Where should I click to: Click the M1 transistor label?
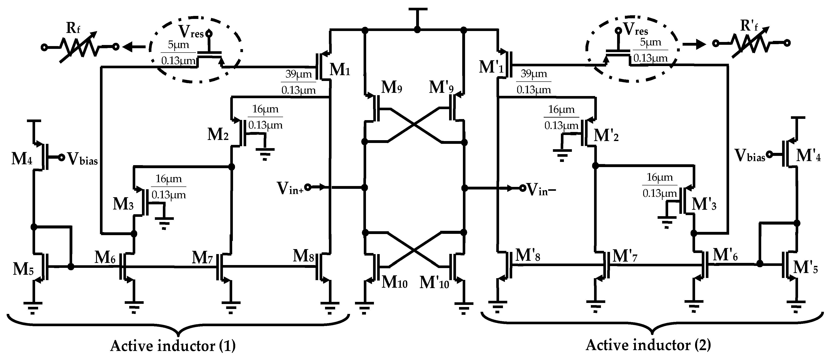coord(339,69)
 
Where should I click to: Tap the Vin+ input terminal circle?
coord(307,187)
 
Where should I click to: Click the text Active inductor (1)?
coord(173,346)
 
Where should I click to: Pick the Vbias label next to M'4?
coord(749,155)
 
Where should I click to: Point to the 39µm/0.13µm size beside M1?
coord(298,82)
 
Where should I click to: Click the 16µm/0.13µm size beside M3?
coord(169,187)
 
